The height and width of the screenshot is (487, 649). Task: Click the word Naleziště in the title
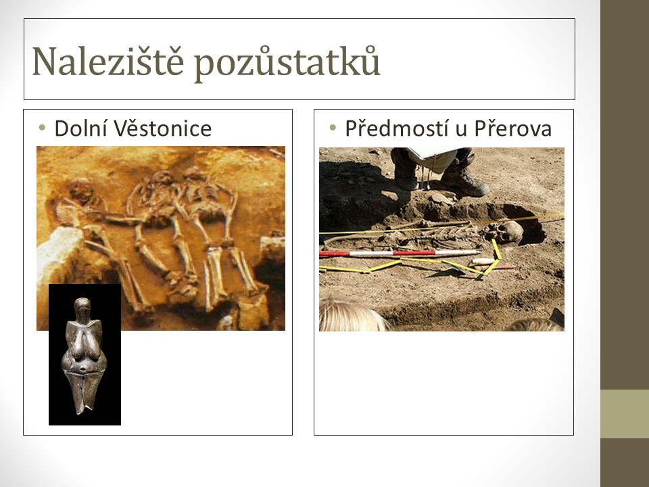[107, 62]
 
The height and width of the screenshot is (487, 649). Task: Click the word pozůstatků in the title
[287, 62]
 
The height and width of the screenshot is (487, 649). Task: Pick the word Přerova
[513, 128]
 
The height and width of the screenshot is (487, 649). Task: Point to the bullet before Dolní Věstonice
[42, 128]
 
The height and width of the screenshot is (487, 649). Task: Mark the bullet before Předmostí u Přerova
[333, 128]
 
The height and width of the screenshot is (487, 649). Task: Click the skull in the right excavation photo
[504, 233]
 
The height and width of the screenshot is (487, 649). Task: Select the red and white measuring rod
[400, 253]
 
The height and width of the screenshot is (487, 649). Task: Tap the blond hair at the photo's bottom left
[351, 317]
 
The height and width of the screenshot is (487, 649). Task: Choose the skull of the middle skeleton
[162, 179]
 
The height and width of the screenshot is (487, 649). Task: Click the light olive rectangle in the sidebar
[625, 414]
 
